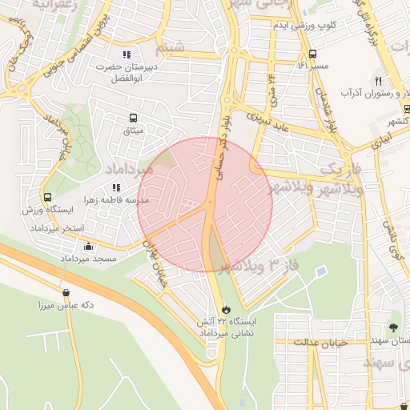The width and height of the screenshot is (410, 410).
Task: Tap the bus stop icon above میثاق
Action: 130,118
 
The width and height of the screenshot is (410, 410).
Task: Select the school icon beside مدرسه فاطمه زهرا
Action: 117,187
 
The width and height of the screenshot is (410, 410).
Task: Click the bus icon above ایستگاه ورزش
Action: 48,197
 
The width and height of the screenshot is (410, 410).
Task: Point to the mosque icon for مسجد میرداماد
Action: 88,247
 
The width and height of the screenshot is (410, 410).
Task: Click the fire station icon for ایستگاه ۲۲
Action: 226,308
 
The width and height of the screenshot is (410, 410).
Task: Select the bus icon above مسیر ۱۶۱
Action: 303,53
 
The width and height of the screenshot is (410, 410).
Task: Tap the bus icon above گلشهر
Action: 406,109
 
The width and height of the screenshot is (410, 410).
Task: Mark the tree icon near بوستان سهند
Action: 392,327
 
